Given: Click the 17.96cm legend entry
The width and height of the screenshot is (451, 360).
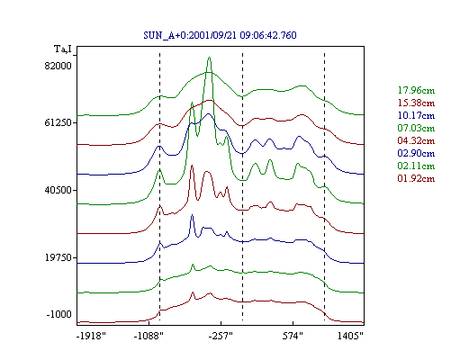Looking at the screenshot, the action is pos(416,90).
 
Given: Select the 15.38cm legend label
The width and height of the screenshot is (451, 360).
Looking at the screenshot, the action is pos(416,103).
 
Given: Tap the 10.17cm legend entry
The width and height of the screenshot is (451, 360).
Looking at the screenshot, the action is pos(416,115).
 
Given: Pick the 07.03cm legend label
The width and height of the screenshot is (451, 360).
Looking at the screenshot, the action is pos(416,128).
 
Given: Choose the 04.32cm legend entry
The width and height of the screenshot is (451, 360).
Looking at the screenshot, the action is pos(416,140).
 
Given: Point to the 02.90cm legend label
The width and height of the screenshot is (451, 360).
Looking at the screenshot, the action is pos(416,153).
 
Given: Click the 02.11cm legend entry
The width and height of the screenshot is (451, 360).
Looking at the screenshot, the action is pos(416,166).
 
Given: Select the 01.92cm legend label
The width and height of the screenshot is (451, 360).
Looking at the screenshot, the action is pos(416,178).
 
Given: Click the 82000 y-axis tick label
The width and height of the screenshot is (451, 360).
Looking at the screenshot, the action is pos(58,66).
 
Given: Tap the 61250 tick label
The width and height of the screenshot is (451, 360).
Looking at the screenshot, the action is pos(58,122).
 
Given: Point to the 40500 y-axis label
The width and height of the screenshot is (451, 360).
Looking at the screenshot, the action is pos(58,190).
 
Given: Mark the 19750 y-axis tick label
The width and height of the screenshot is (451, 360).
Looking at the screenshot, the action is pos(58,257).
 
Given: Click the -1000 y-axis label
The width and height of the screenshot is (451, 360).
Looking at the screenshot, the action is pos(59,314).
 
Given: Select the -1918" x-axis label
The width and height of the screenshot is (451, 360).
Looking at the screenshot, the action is pos(92,336).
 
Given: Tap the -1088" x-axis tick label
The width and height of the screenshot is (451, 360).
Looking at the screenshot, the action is pos(149,336).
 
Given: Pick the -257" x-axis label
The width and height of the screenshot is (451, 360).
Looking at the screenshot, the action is pos(221,336).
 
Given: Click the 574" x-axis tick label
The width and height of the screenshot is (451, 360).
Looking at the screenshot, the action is pos(293,336).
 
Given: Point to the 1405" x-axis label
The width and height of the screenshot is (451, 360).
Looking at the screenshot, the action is pos(350,336).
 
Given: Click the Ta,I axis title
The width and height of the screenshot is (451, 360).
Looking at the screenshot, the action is pos(63,49).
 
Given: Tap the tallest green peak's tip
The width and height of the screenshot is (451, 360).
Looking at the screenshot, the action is pos(209,58).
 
